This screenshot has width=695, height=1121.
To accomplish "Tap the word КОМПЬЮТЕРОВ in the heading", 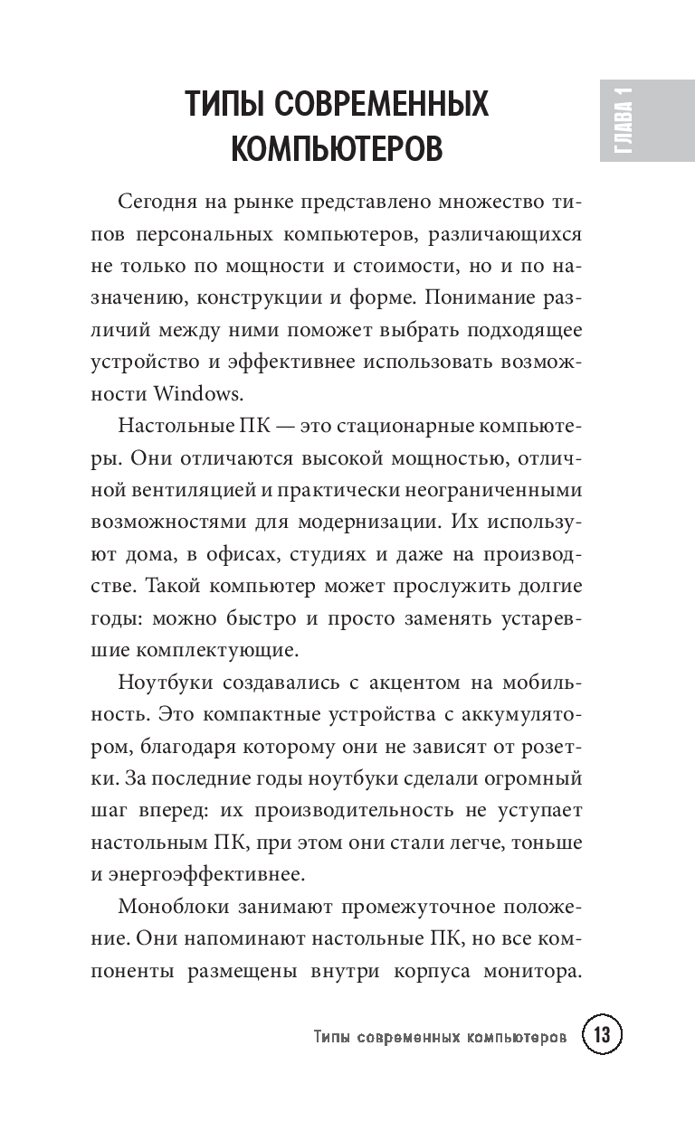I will coord(337,148).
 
